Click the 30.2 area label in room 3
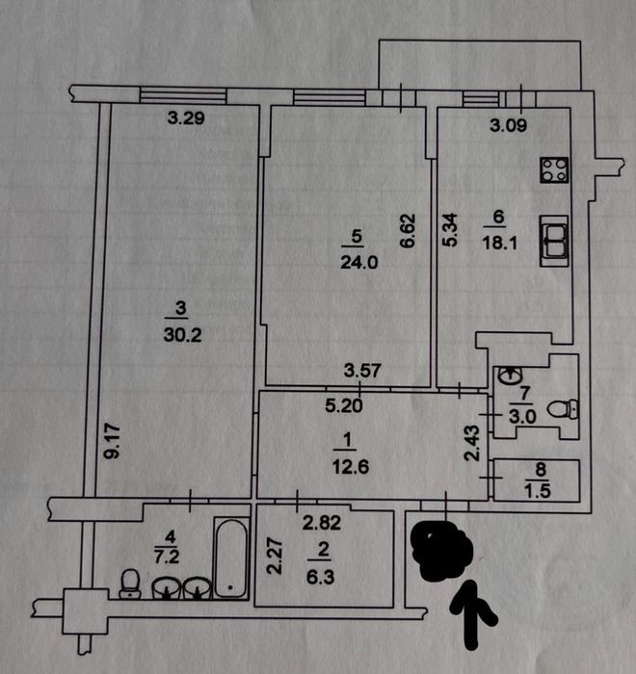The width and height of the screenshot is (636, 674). (182, 335)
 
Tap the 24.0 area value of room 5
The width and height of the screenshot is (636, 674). (358, 262)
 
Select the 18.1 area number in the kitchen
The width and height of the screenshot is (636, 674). (499, 243)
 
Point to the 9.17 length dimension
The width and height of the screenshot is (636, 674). (113, 441)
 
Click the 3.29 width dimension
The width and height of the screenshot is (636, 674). (186, 117)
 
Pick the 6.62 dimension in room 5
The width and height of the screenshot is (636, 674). (408, 230)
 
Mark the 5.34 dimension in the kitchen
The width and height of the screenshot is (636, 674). (451, 230)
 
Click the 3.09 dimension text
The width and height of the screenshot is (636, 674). (508, 125)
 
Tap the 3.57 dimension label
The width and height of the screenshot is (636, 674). (362, 371)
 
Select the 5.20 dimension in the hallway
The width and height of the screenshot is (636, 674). (344, 405)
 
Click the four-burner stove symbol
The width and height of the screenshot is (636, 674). (554, 170)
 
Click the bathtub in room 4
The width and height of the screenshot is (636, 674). (231, 558)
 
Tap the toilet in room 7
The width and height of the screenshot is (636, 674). (563, 409)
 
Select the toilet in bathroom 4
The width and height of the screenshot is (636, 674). (129, 583)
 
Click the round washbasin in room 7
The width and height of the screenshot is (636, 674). (511, 376)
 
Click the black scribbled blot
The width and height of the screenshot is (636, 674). (442, 549)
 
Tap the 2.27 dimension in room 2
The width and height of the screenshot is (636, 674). (274, 557)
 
